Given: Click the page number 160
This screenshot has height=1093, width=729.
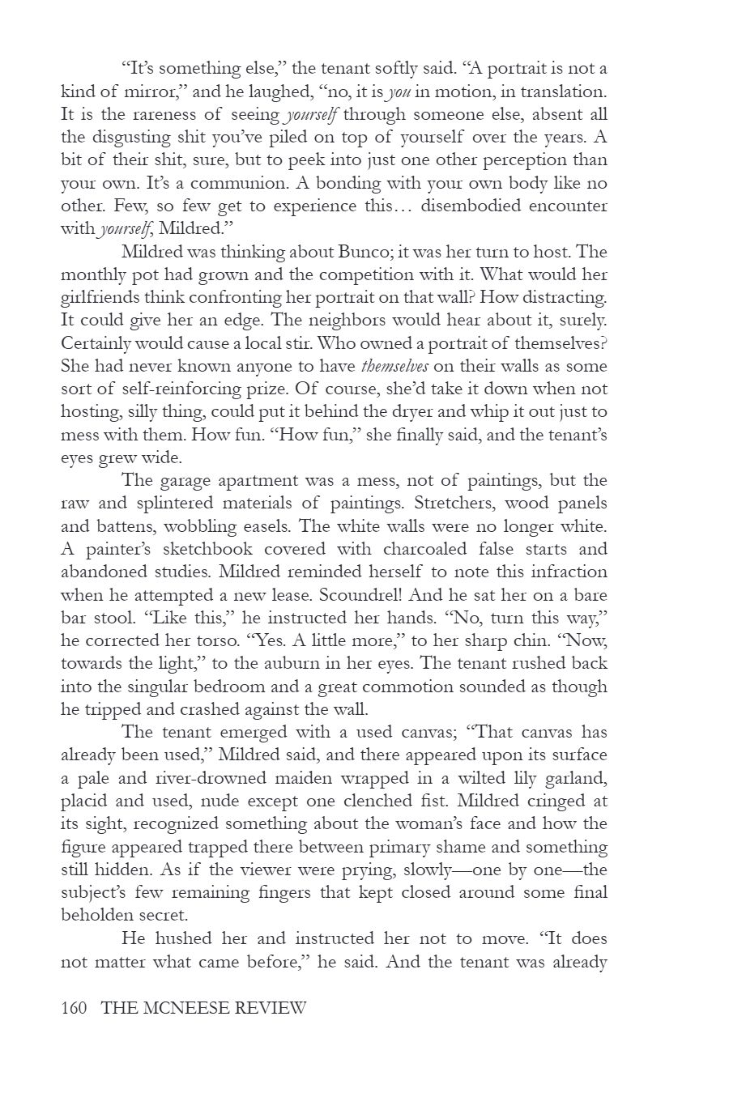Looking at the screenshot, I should tap(74, 1008).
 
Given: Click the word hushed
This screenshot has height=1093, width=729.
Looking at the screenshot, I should tap(193, 939).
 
